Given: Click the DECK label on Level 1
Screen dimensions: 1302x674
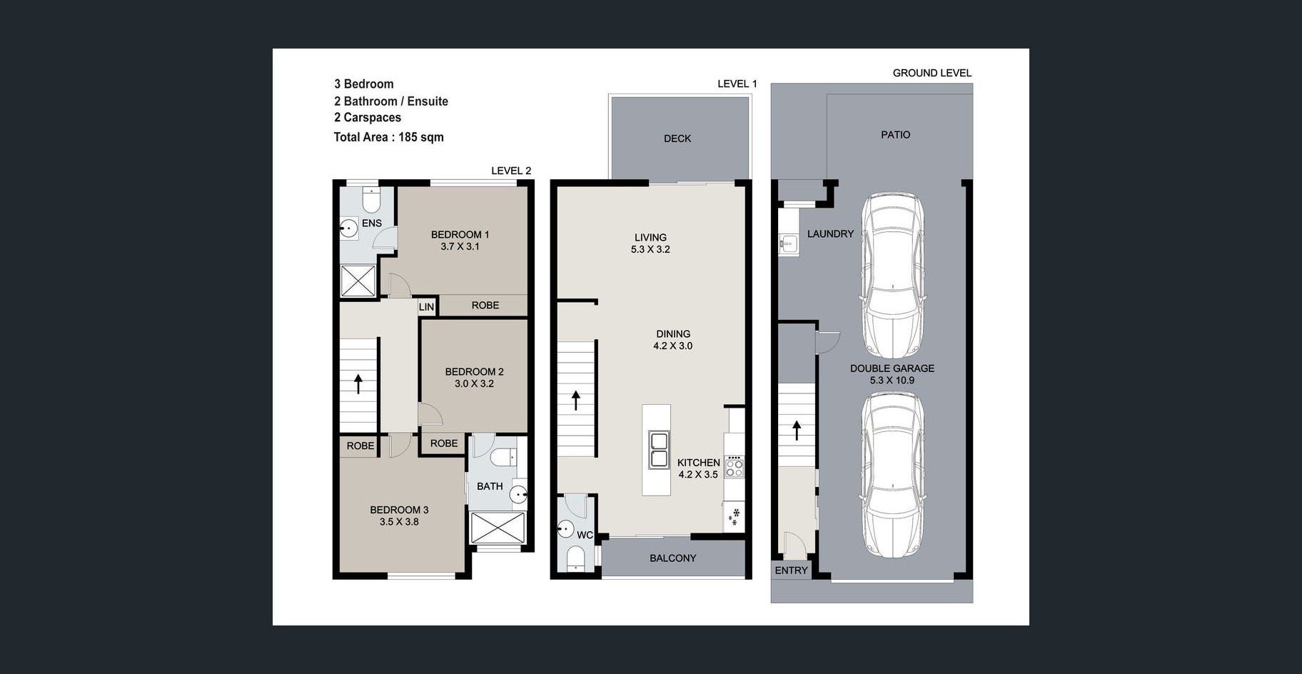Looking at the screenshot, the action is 677,139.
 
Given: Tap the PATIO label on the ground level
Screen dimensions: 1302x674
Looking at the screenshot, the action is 895,134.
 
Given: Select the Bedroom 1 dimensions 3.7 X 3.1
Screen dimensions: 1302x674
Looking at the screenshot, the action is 460,246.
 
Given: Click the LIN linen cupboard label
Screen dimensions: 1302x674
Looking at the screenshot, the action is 426,307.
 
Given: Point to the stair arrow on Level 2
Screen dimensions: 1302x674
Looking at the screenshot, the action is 358,383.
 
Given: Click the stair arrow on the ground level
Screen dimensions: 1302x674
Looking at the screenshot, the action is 797,430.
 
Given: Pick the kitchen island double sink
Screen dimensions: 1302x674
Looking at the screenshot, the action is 658,450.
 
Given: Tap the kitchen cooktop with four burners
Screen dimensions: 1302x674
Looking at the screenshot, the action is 734,468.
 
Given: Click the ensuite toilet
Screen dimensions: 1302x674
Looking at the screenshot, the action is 370,199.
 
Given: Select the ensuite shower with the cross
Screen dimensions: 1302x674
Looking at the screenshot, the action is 358,281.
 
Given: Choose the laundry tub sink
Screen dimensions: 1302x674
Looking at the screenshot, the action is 788,243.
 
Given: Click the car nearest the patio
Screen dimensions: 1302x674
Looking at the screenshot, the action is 892,276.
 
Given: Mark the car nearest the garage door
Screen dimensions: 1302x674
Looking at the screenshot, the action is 892,475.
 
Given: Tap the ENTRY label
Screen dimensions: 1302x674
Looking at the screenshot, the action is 791,570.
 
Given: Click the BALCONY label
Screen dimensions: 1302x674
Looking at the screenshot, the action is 672,558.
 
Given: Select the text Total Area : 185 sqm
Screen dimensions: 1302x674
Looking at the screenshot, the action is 388,137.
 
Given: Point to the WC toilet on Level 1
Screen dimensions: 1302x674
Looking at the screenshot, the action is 575,558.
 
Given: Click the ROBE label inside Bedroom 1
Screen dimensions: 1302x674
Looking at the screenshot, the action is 485,306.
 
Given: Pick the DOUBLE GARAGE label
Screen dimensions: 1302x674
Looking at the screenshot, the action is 892,368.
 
